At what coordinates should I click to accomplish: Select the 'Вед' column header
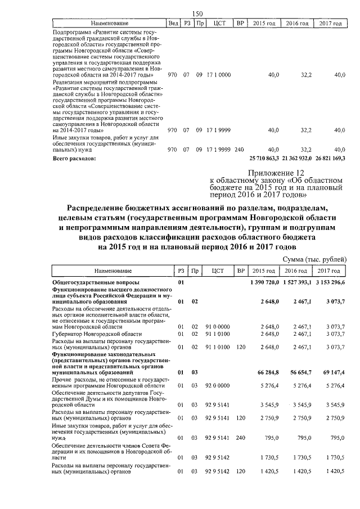[174, 24]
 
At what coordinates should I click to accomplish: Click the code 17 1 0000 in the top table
[219, 75]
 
